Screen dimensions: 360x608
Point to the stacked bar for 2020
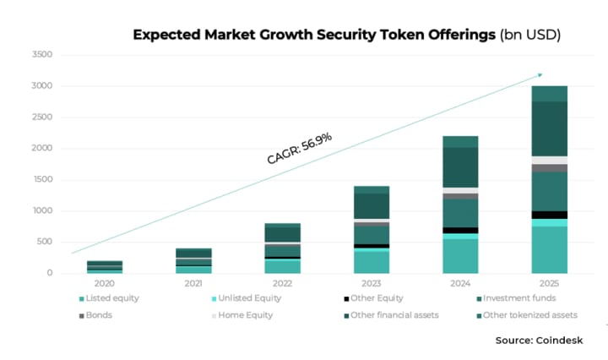(x=105, y=266)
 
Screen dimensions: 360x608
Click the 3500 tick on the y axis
(x=41, y=55)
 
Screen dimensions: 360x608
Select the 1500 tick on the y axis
(x=41, y=179)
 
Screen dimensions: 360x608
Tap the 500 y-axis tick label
(x=44, y=242)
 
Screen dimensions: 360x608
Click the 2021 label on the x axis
(x=193, y=284)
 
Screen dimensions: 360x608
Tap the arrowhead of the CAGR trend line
(x=540, y=75)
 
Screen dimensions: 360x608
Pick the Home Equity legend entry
(x=242, y=315)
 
